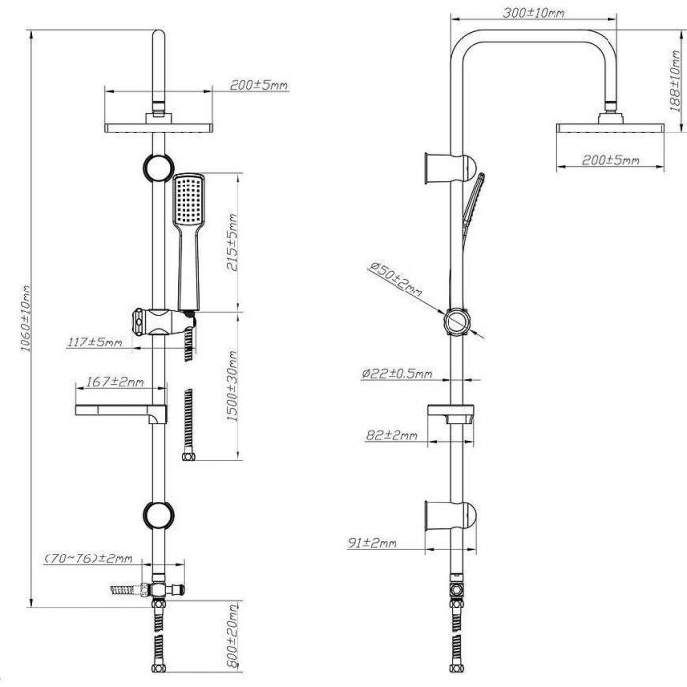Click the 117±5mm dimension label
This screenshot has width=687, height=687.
(x=94, y=343)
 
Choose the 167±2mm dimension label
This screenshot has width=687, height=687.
(x=114, y=382)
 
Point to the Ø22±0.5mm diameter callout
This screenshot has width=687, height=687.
(x=396, y=373)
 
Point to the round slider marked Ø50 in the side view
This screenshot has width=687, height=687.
(x=456, y=323)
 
